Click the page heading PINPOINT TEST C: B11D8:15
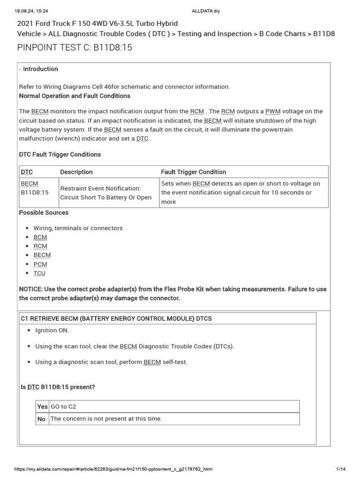point(71,48)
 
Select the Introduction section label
point(40,69)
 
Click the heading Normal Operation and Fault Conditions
point(75,96)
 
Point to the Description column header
point(76,172)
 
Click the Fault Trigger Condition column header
point(193,172)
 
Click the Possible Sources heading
point(44,212)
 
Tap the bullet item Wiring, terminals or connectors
point(78,228)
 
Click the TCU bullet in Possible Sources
point(39,273)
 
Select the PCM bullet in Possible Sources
point(40,264)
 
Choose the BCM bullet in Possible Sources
point(40,237)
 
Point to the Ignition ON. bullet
point(52,330)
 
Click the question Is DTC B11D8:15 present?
point(58,387)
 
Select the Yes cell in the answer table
point(42,406)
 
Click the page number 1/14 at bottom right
point(341,469)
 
